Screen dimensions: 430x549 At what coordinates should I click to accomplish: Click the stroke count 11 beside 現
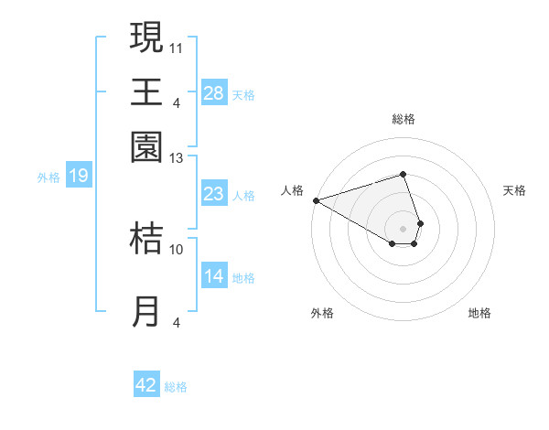tap(177, 47)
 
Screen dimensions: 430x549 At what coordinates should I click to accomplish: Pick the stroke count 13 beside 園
tap(177, 158)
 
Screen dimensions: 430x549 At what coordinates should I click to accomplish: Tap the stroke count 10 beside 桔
tap(177, 249)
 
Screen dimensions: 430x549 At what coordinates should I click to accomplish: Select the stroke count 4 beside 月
tap(177, 322)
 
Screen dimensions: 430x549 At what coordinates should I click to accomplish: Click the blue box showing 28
tap(214, 92)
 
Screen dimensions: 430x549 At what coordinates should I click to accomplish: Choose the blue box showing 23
tap(214, 194)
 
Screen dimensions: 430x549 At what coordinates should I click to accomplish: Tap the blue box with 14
tap(214, 276)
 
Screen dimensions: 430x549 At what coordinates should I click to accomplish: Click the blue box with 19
tap(78, 176)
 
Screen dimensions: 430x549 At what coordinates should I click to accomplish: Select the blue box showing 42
tap(146, 385)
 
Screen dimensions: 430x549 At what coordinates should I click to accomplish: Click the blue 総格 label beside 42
tap(176, 387)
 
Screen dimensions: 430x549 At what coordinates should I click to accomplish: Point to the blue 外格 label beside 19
tap(48, 177)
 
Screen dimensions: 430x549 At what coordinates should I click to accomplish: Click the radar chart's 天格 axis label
tap(514, 190)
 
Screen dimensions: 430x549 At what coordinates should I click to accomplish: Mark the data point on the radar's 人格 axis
tap(316, 200)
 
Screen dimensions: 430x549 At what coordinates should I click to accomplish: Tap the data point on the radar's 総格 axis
tap(403, 174)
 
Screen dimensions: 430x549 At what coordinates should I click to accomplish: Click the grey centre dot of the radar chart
tap(403, 228)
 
